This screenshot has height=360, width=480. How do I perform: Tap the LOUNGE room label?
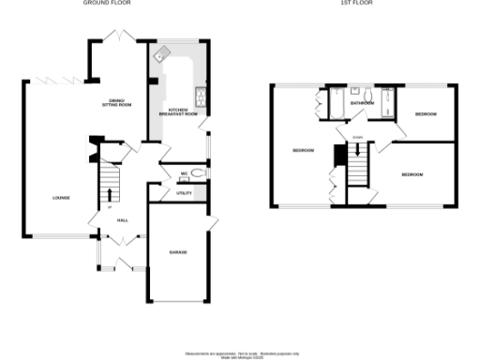tap(61, 198)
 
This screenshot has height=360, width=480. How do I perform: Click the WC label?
tap(185, 174)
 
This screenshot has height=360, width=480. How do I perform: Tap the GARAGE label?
tap(177, 253)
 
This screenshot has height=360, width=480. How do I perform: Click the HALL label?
tap(122, 220)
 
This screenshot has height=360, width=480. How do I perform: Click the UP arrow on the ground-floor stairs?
tap(110, 206)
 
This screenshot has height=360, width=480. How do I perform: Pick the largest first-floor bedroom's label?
tap(302, 151)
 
